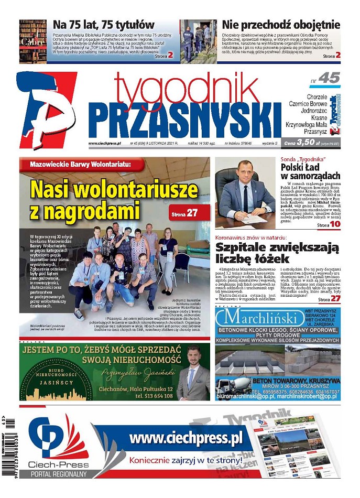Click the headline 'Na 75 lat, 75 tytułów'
coord(104,25)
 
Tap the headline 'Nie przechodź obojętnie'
coord(281,25)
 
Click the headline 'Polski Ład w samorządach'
coord(310,171)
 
